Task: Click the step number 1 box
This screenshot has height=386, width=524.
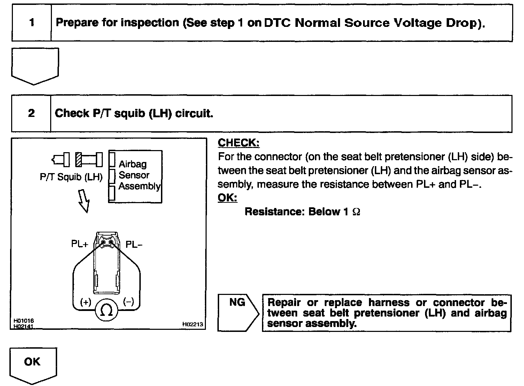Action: tap(32, 23)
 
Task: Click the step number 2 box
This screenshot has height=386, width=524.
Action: tap(31, 113)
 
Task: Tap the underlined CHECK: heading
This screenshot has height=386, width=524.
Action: tap(239, 143)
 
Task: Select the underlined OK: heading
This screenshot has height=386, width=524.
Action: tap(227, 198)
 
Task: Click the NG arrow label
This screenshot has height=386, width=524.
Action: tap(237, 303)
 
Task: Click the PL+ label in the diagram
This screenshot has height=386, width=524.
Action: tap(80, 244)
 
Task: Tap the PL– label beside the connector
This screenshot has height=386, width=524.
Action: tap(134, 245)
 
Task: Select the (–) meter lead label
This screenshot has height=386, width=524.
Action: tap(129, 302)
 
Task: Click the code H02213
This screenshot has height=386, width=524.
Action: tap(193, 325)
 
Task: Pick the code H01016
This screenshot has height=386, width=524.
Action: tap(24, 320)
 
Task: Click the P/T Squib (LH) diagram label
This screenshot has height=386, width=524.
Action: tap(71, 177)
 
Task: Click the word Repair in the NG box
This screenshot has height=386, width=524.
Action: tap(284, 303)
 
